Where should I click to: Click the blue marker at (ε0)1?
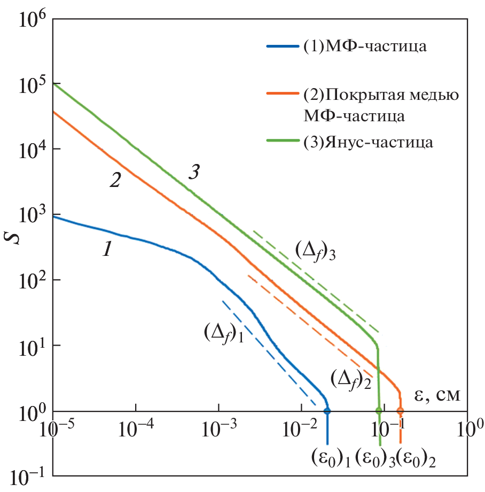pyautogui.click(x=327, y=411)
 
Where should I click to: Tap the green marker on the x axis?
pyautogui.click(x=379, y=411)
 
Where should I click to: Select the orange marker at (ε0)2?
pyautogui.click(x=400, y=411)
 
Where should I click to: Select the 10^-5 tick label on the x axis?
pyautogui.click(x=53, y=428)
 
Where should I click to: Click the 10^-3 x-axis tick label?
pyautogui.click(x=218, y=428)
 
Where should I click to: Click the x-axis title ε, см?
pyautogui.click(x=437, y=395)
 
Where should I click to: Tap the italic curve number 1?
pyautogui.click(x=106, y=249)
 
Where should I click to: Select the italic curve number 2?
pyautogui.click(x=115, y=181)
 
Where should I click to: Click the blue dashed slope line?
pyautogui.click(x=267, y=352)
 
